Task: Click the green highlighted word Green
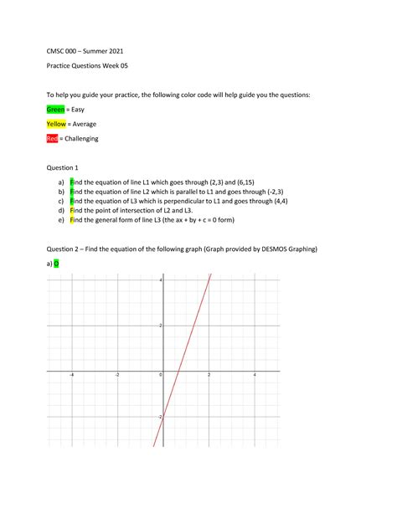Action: (55, 110)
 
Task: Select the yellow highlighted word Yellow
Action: (56, 124)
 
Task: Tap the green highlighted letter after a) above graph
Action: (56, 264)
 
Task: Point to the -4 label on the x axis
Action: (71, 375)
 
